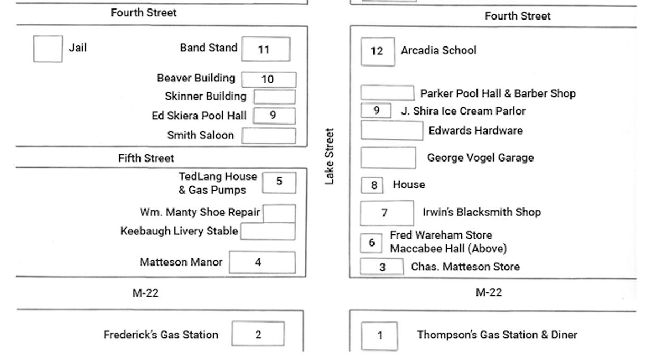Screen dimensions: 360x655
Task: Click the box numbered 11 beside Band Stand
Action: (x=266, y=49)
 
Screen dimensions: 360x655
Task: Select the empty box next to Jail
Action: (x=48, y=49)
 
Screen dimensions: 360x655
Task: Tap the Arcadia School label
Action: (x=438, y=51)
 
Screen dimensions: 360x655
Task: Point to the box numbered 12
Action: (x=377, y=51)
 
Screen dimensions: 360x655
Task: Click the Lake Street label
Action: (x=330, y=157)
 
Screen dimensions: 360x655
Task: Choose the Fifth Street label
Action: (x=146, y=158)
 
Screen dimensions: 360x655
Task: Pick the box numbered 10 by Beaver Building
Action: (x=269, y=79)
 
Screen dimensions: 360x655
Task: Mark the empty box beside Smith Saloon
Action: (x=269, y=136)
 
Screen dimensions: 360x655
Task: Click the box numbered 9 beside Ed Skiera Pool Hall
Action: (x=274, y=115)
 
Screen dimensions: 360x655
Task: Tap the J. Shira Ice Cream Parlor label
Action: (x=463, y=111)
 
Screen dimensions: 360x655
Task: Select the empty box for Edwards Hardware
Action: (x=391, y=130)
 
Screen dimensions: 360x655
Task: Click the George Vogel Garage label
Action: (x=480, y=157)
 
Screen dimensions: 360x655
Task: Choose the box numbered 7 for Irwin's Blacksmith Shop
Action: (x=387, y=213)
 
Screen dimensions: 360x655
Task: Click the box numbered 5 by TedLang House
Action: (x=279, y=182)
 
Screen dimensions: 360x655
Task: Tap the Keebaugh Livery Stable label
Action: (x=179, y=231)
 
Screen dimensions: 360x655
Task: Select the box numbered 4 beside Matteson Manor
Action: (x=262, y=262)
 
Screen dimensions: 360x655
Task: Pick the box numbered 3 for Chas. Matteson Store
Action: (x=382, y=267)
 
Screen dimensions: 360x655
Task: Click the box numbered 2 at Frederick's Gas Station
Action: (x=258, y=334)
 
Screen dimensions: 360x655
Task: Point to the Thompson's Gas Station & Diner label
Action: (x=497, y=335)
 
